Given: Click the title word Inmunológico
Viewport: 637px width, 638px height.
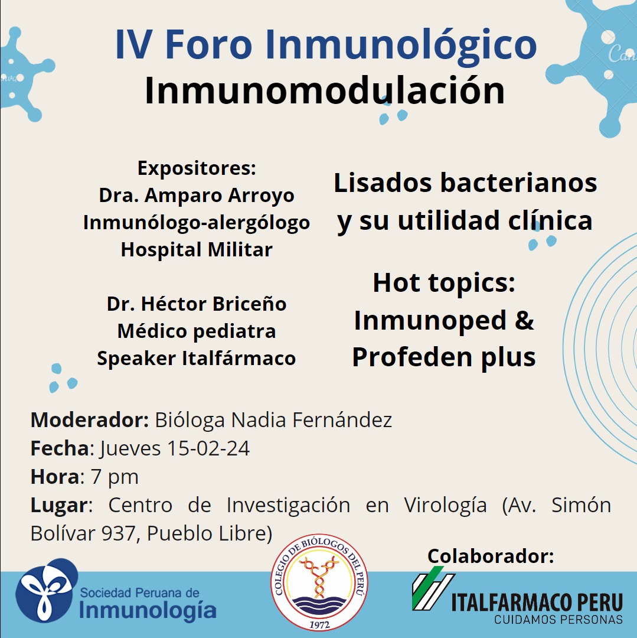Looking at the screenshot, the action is click(401, 45).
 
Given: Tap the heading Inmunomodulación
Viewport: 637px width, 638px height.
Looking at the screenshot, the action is click(324, 90).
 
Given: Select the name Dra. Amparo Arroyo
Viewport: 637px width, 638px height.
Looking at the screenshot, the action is click(197, 196).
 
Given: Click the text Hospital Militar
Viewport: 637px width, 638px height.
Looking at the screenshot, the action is click(197, 249).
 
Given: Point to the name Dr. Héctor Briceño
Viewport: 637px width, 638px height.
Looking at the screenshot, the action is click(197, 304).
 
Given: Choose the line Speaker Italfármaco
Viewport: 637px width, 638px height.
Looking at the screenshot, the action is click(197, 359).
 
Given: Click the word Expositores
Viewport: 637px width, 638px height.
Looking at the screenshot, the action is click(195, 168).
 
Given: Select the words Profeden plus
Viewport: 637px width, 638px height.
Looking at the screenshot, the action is click(443, 357).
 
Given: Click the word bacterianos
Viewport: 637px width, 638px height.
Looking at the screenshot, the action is click(518, 183).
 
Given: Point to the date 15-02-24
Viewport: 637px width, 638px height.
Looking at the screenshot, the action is click(208, 448).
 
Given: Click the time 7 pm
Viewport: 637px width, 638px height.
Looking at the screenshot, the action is click(114, 477).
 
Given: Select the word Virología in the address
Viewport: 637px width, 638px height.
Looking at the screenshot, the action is click(445, 505).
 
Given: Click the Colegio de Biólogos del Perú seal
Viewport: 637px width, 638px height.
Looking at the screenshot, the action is click(319, 582).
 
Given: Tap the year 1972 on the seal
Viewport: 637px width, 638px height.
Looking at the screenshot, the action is click(319, 624).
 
